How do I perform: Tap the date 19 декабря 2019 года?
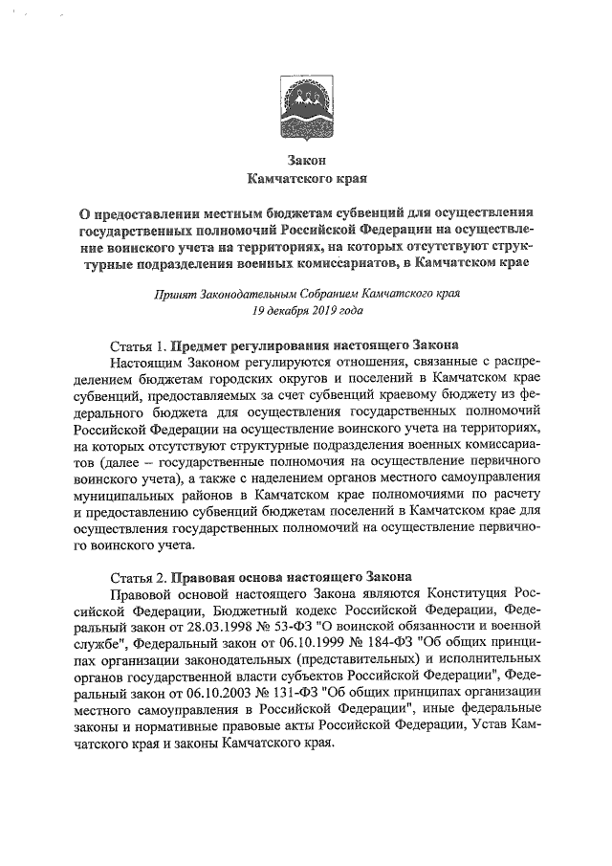coord(307,311)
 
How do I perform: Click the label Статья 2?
coord(140,577)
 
